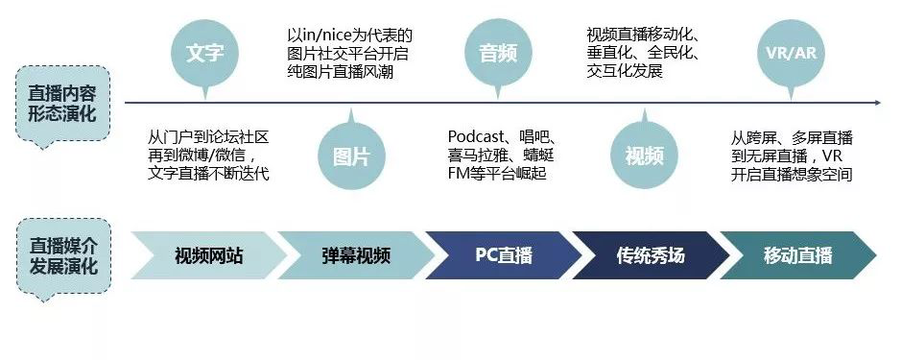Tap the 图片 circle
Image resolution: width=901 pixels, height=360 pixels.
coord(350,156)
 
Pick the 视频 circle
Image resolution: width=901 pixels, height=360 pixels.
coord(644,156)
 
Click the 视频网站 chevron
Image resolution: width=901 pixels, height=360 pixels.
coord(208,255)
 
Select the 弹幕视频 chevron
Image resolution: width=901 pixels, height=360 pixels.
coord(355,255)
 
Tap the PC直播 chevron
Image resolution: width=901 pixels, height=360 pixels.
coord(503,255)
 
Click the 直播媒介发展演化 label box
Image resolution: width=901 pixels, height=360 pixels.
coord(69,255)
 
